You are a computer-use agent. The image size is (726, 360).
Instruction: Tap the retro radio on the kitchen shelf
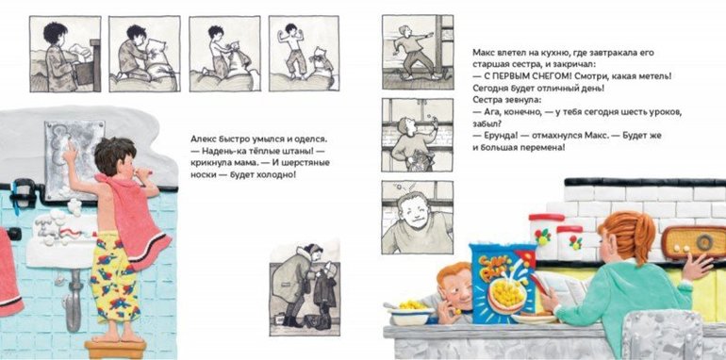[693, 242]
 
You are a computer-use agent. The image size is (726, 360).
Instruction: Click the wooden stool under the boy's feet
[115, 350]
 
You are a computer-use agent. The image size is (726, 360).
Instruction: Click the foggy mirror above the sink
[74, 160]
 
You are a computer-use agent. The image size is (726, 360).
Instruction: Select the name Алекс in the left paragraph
[204, 139]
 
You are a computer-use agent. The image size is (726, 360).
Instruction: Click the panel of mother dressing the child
[305, 287]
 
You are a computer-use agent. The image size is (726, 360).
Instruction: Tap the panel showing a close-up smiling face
[418, 218]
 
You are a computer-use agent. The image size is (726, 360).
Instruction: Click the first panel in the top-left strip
[65, 54]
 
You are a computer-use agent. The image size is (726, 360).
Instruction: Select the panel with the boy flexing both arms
[304, 53]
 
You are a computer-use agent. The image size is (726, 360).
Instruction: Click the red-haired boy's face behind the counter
[455, 291]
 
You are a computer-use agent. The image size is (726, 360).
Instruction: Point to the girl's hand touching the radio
[698, 267]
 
